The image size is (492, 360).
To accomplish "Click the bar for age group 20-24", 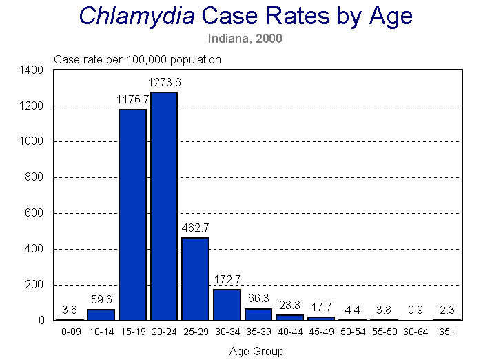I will pyautogui.click(x=164, y=206).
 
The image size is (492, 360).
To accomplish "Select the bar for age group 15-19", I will pyautogui.click(x=132, y=214).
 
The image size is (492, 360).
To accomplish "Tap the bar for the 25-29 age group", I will pyautogui.click(x=195, y=279).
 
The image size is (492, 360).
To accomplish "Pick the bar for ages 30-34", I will pyautogui.click(x=227, y=305).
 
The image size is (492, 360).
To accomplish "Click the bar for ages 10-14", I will pyautogui.click(x=101, y=314).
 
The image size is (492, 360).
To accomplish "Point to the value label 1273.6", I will pyautogui.click(x=164, y=83).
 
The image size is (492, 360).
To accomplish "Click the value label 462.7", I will pyautogui.click(x=195, y=227).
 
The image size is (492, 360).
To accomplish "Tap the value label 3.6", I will pyautogui.click(x=70, y=310).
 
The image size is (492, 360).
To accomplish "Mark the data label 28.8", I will pyautogui.click(x=289, y=304).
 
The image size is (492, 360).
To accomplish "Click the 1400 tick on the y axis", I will pyautogui.click(x=33, y=70).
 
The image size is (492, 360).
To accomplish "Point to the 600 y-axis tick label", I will pyautogui.click(x=36, y=213).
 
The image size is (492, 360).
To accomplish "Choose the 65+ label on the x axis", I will pyautogui.click(x=447, y=332).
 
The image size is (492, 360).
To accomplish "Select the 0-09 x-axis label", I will pyautogui.click(x=70, y=332).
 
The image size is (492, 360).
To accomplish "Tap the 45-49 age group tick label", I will pyautogui.click(x=321, y=332).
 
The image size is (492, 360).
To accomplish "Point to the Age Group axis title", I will pyautogui.click(x=256, y=350).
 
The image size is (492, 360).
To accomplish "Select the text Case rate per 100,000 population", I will pyautogui.click(x=137, y=59).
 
